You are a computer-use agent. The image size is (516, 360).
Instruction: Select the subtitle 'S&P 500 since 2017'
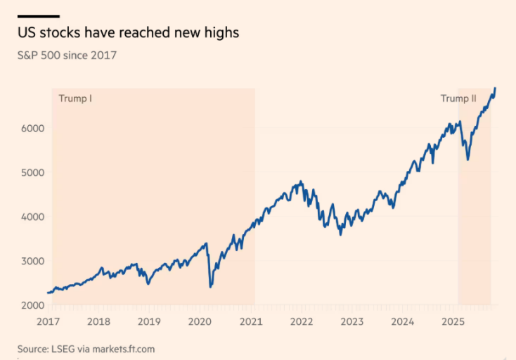tap(67, 55)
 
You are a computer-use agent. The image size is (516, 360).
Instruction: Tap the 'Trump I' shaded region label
tap(75, 98)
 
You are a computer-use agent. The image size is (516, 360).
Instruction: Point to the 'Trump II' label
tap(458, 98)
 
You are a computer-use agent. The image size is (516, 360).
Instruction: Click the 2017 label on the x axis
tap(48, 322)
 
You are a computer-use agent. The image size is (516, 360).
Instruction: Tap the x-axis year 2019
tap(149, 322)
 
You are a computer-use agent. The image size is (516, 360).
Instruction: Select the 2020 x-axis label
tap(200, 322)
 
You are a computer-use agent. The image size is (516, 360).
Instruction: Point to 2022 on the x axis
tap(302, 322)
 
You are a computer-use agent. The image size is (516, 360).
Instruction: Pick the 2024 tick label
tap(403, 322)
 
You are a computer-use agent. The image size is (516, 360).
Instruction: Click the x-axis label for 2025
tap(453, 322)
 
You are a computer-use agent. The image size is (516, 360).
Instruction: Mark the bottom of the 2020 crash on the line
tap(210, 287)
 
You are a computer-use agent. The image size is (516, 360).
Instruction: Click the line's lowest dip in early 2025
tap(468, 160)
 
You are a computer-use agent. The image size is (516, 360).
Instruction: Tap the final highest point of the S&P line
tap(495, 89)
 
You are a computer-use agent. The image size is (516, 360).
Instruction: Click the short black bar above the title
tap(39, 15)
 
